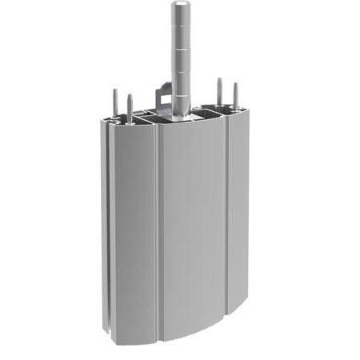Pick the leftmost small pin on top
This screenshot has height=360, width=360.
coord(115,102)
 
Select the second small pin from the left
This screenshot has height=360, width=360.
coord(130,106)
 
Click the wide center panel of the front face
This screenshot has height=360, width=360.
coord(192,232)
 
